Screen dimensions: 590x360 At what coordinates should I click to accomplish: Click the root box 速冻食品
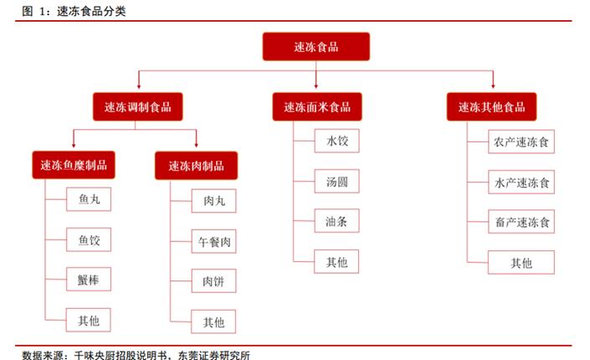(316, 47)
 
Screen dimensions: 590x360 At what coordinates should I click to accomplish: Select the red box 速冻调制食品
(138, 107)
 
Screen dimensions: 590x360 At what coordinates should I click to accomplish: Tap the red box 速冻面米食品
(317, 107)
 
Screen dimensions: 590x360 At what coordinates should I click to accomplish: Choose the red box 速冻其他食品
(491, 107)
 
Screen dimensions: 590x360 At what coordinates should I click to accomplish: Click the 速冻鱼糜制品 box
(74, 165)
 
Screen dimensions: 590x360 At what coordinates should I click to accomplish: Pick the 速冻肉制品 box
(196, 166)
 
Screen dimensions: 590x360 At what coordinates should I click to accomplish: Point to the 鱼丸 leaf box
(89, 199)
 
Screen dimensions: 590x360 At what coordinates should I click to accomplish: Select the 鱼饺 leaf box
(89, 239)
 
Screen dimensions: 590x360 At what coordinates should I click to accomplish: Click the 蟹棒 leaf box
(89, 280)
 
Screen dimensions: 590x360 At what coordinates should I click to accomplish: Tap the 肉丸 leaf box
(213, 201)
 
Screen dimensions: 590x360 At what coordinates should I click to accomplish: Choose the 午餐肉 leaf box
(213, 241)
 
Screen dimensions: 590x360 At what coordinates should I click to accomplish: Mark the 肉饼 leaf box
(213, 281)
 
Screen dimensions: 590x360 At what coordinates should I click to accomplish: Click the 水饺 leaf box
(336, 141)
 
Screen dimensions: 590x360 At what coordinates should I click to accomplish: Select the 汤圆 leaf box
(336, 181)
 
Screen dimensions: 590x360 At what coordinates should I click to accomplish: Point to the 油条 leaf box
(336, 221)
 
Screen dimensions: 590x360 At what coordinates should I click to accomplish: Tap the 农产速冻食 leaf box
(521, 141)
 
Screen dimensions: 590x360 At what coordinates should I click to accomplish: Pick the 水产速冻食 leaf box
(521, 182)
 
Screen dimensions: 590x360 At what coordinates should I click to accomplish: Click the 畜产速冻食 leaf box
(521, 222)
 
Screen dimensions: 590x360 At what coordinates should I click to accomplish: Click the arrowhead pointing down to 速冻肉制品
(196, 145)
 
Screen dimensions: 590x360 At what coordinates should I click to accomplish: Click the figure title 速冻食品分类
(91, 11)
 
